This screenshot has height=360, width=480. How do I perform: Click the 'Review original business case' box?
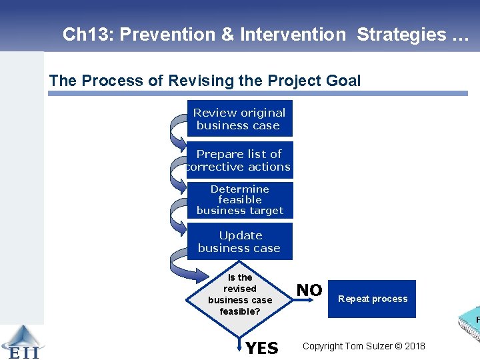(239, 119)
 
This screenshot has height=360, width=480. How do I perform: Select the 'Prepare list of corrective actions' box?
(239, 160)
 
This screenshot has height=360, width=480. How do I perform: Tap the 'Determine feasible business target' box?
(239, 200)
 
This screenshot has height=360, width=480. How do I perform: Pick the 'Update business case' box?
(239, 241)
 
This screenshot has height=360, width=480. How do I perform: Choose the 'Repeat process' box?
(372, 299)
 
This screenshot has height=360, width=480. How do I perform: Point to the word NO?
(309, 290)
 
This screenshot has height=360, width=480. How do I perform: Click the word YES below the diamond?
(262, 349)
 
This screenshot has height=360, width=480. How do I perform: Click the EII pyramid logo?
(21, 341)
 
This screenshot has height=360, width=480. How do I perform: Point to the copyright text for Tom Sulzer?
(363, 346)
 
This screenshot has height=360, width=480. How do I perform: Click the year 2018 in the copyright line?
(413, 346)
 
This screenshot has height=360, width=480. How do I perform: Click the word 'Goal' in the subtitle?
(343, 81)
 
